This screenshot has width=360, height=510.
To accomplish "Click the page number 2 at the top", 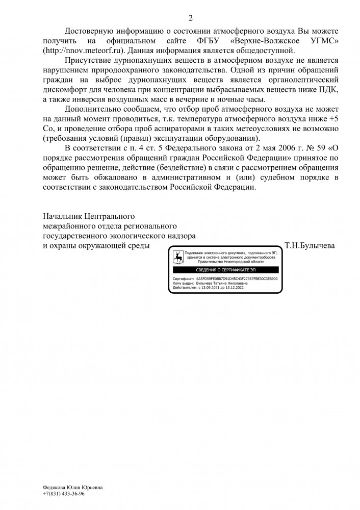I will pyautogui.click(x=191, y=19).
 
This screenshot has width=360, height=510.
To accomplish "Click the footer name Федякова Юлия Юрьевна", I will pyautogui.click(x=72, y=488).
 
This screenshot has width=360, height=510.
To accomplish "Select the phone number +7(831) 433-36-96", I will pyautogui.click(x=64, y=494).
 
